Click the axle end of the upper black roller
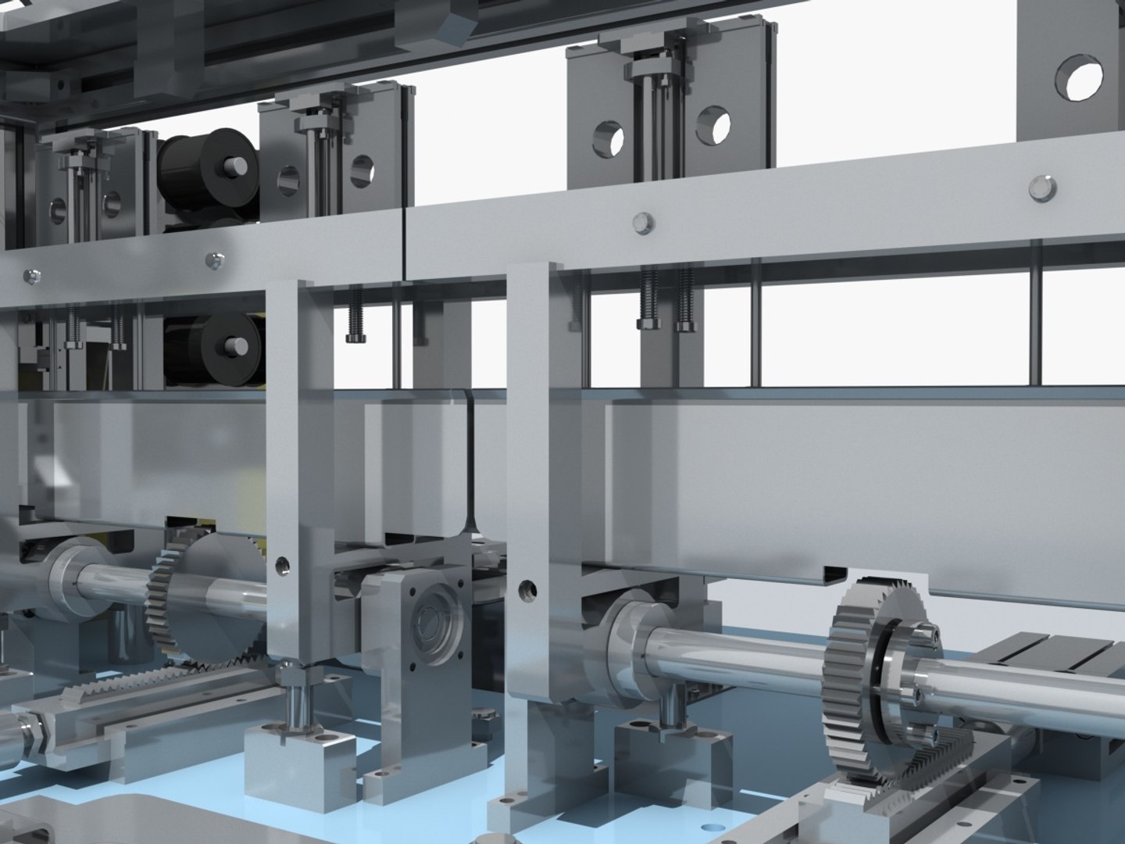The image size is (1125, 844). coord(233,166)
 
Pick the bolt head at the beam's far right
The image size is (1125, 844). coord(1039,187)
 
